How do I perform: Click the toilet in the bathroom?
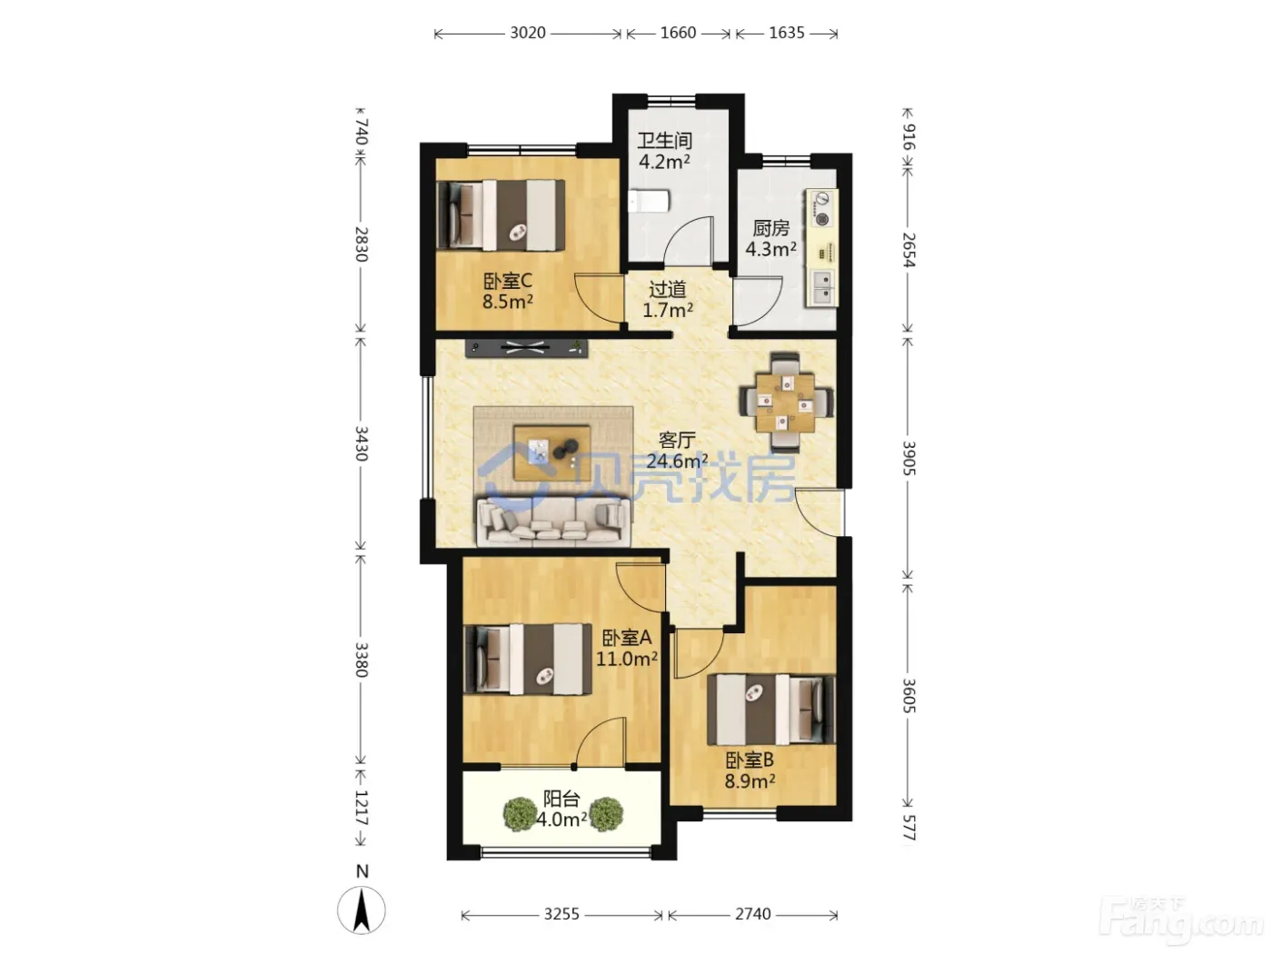tap(649, 202)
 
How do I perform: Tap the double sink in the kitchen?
tap(821, 287)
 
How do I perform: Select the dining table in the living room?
tap(786, 402)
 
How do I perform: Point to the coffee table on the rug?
tap(552, 452)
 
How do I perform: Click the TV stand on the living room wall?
tap(526, 349)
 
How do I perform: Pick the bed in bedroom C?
tap(501, 215)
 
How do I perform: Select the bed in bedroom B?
tap(770, 710)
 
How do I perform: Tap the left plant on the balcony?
tap(520, 814)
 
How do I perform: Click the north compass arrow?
tap(362, 910)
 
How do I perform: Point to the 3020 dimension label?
tap(527, 33)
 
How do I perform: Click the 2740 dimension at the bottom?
tap(753, 916)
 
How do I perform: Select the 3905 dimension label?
tap(908, 458)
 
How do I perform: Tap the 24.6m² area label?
tap(677, 462)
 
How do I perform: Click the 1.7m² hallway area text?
tap(668, 311)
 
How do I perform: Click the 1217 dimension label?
tap(360, 808)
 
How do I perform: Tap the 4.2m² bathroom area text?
tap(664, 162)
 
